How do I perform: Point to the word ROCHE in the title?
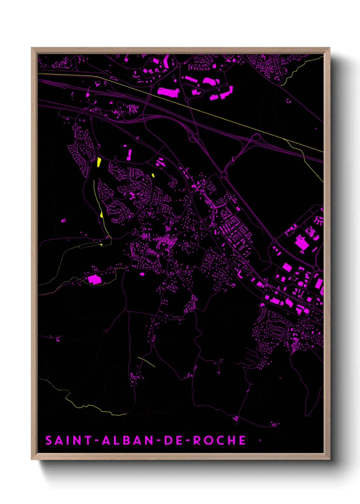pos(219,440)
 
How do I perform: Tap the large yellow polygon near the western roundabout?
pos(99,162)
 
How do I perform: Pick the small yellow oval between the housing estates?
pos(153,175)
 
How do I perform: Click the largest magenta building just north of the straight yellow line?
pos(168,92)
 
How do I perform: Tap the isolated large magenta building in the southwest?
pos(94,279)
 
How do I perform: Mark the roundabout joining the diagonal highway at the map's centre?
pos(224,175)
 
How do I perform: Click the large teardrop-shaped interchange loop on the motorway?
pos(256,138)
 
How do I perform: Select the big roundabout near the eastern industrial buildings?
pos(316,269)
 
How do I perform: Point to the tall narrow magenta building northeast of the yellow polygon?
pos(129,155)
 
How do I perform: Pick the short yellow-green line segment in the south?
pos(147,362)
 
